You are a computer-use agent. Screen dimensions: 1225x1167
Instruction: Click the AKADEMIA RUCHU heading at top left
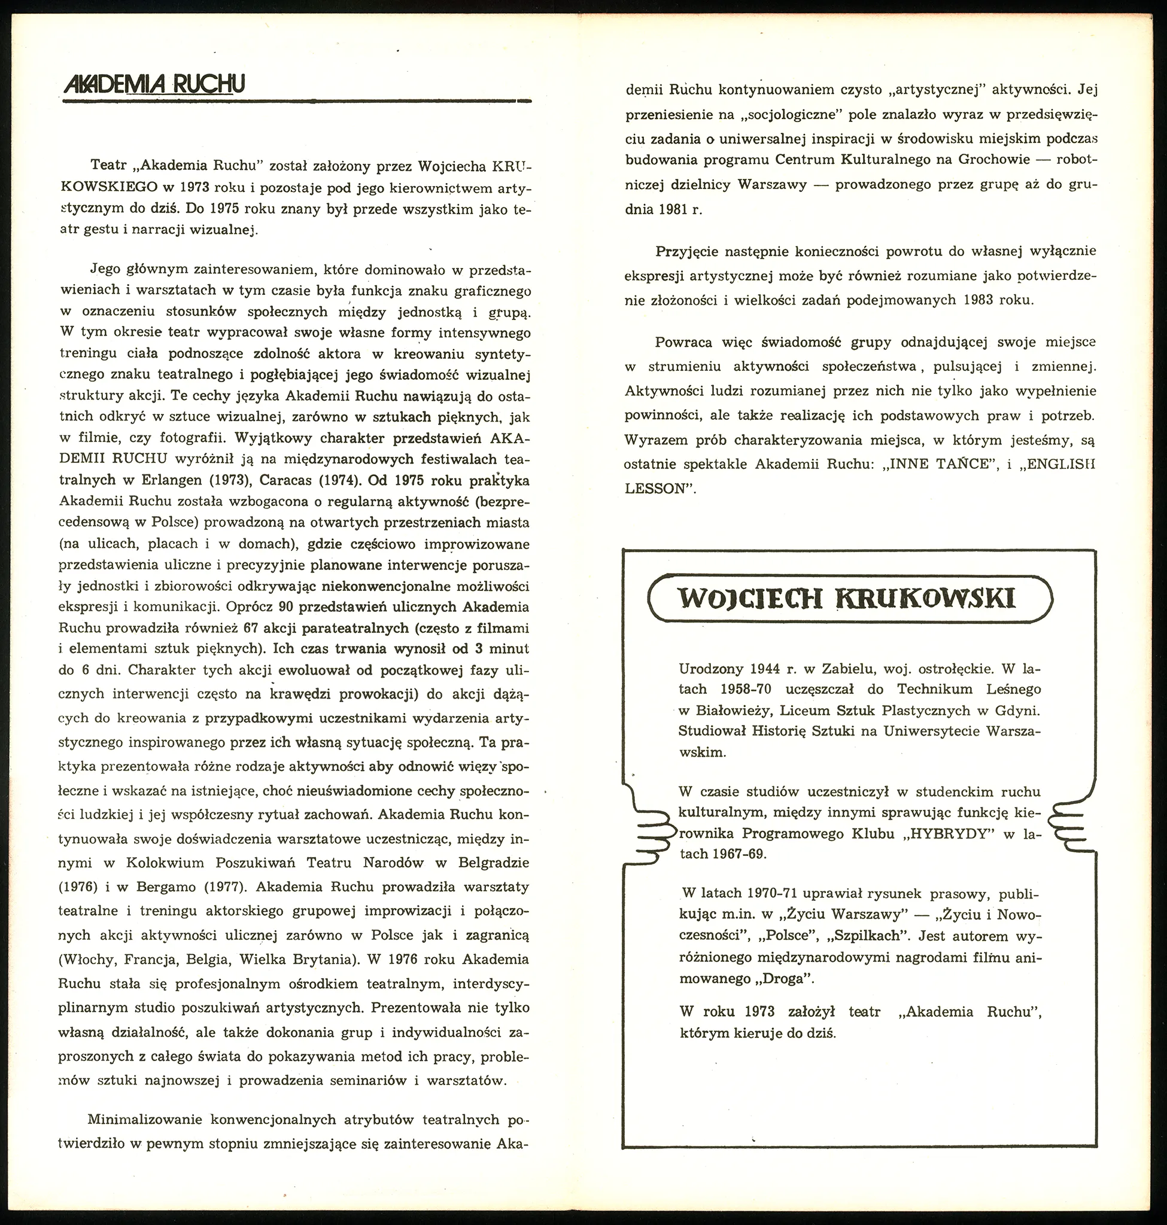(154, 84)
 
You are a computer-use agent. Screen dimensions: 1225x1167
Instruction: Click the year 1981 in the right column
(676, 209)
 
